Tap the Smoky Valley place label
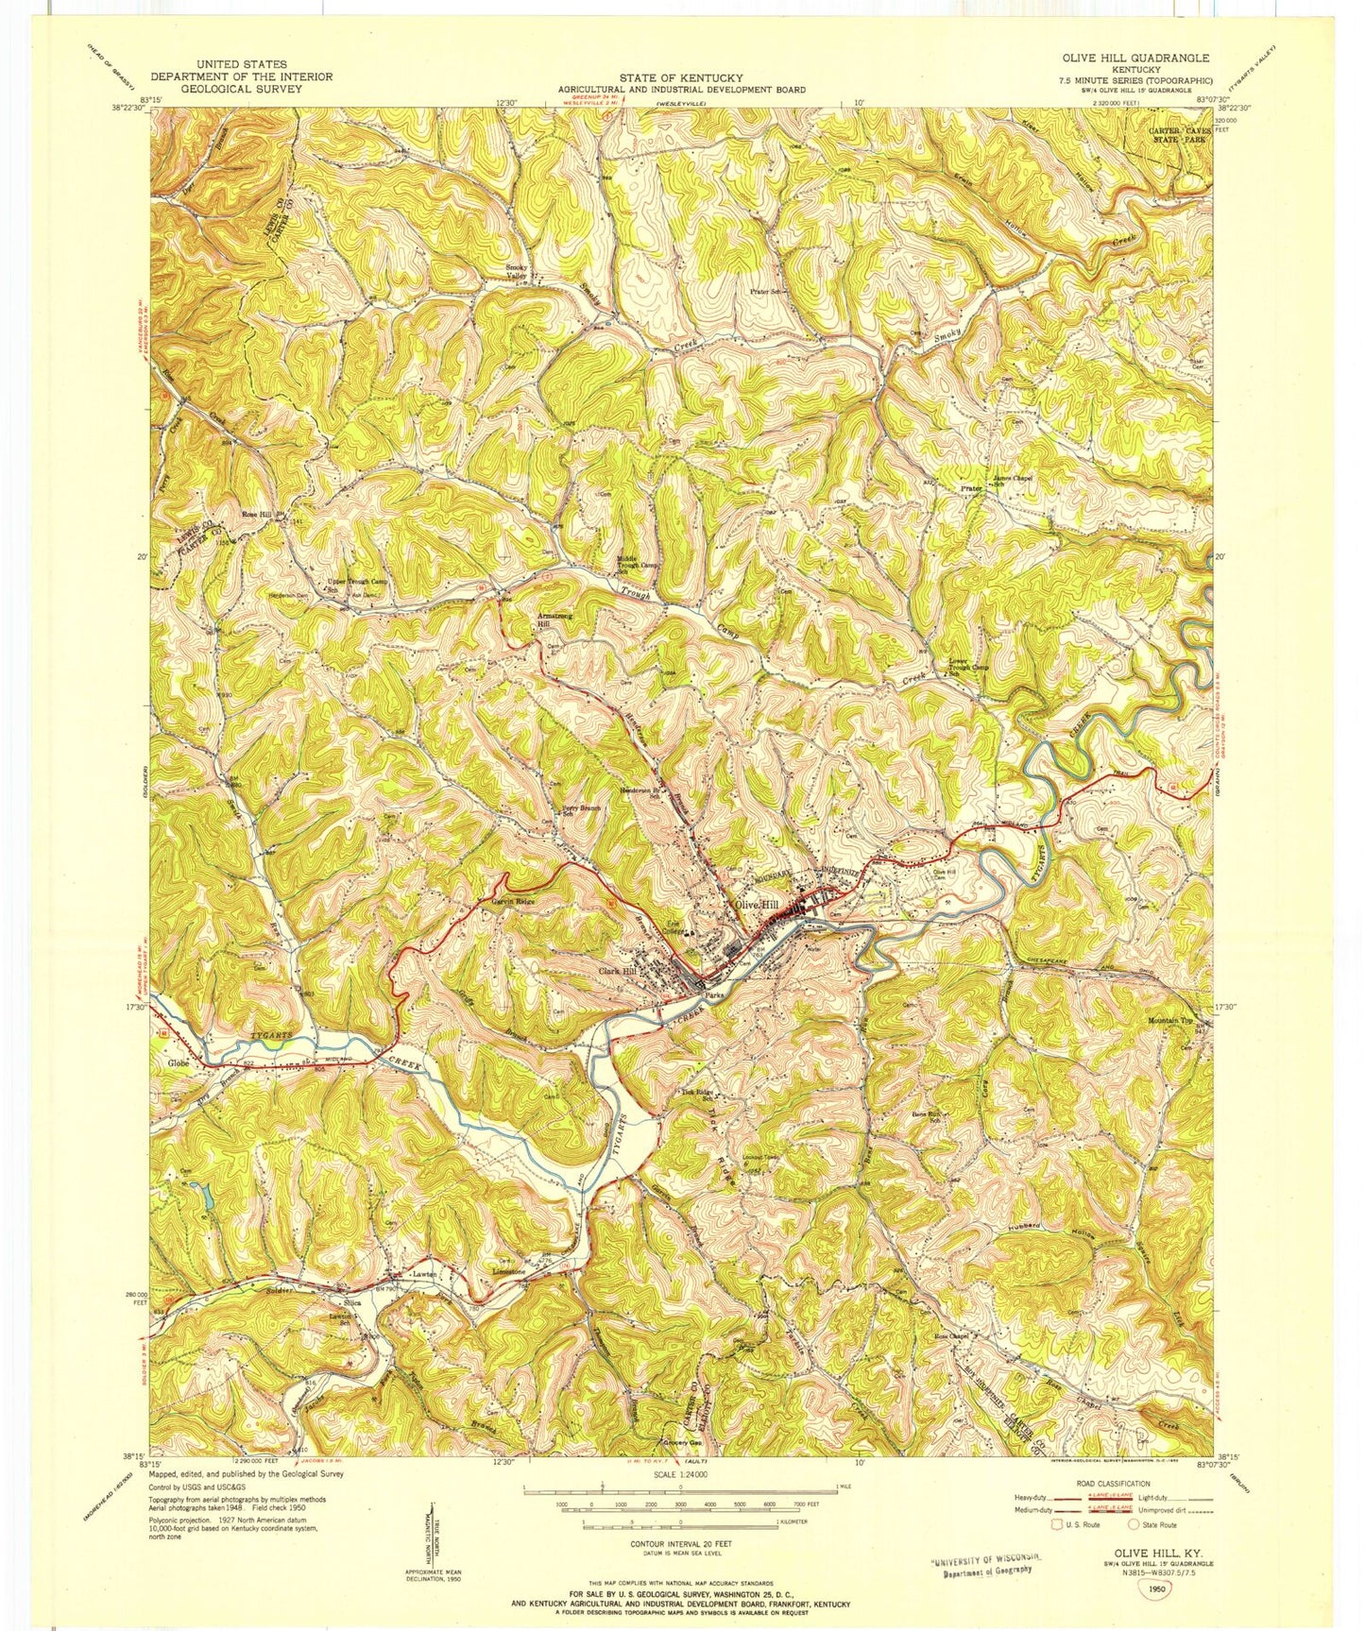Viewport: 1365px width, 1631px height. tap(517, 272)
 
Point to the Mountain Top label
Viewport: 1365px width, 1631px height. tap(1169, 1022)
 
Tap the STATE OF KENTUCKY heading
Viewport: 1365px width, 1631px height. tap(680, 78)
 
